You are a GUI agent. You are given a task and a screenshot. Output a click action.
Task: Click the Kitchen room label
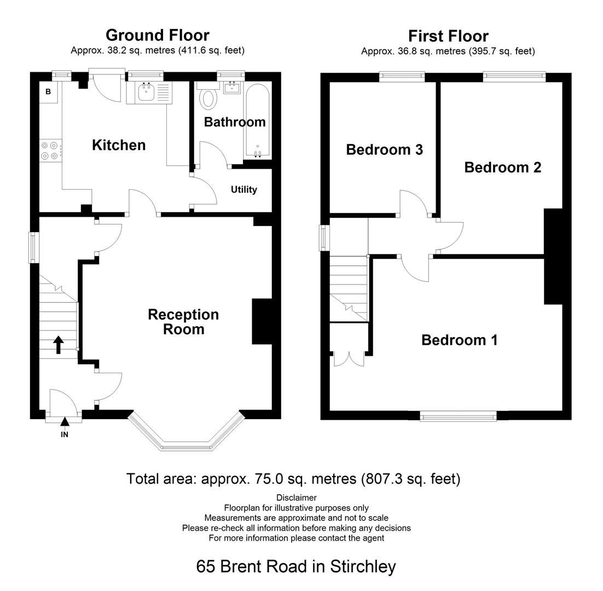[119, 145]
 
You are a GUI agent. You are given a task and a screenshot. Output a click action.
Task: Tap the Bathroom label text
[234, 121]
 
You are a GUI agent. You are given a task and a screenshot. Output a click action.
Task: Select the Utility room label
[243, 190]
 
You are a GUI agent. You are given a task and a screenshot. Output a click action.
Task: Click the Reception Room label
[176, 322]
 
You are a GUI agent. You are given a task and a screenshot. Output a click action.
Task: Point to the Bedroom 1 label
[459, 340]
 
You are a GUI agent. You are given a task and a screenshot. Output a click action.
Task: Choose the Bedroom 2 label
[502, 167]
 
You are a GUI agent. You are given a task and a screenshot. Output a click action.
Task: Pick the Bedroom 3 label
[384, 149]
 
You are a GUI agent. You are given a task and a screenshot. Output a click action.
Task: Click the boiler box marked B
[48, 92]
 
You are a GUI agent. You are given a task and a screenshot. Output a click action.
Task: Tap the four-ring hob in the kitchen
[50, 150]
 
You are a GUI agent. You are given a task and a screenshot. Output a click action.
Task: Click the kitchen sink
[147, 93]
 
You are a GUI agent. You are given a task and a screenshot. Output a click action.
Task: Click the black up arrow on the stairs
[58, 345]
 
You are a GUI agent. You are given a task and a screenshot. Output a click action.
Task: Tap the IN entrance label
[65, 434]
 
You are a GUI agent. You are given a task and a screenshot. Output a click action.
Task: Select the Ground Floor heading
[157, 35]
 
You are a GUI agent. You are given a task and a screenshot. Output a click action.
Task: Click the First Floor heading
[448, 36]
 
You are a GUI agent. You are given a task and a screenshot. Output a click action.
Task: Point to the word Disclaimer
[296, 497]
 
